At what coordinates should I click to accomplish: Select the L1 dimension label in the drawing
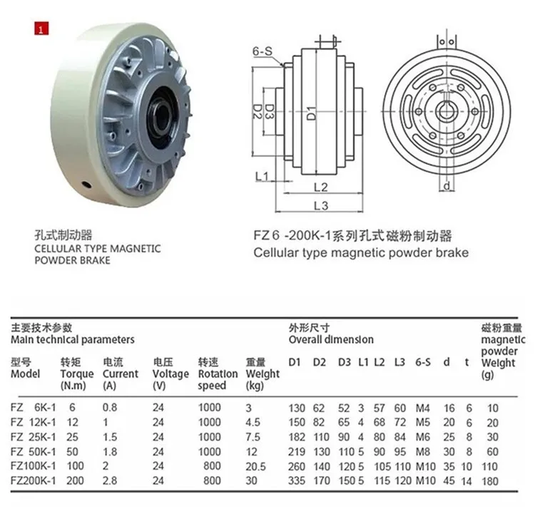(x=260, y=175)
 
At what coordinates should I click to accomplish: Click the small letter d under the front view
(x=445, y=187)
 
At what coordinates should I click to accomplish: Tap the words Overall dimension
(x=331, y=340)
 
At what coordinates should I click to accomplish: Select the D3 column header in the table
(x=344, y=362)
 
